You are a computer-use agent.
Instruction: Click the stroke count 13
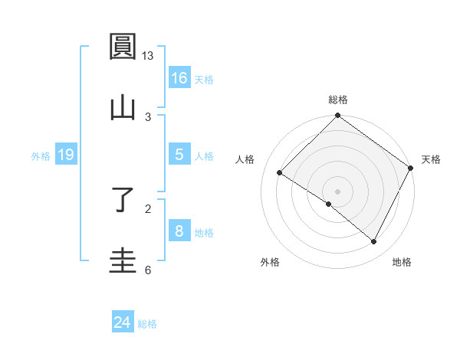click(x=148, y=56)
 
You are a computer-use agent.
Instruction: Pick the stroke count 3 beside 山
click(x=148, y=116)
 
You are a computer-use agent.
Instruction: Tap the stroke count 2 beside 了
click(x=148, y=208)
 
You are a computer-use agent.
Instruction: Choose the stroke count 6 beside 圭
click(x=148, y=270)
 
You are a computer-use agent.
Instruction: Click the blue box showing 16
click(x=179, y=77)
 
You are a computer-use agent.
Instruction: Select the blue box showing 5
click(x=179, y=155)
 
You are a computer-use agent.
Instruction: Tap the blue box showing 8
click(x=179, y=231)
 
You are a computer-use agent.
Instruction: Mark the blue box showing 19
click(x=66, y=155)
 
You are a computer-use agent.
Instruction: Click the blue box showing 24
click(x=123, y=322)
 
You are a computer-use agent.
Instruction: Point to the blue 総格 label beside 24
click(x=147, y=324)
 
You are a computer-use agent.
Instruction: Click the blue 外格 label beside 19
click(x=41, y=156)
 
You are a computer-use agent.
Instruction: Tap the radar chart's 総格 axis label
click(x=338, y=100)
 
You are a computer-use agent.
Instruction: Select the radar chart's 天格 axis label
click(x=431, y=159)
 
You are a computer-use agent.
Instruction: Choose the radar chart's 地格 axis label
click(x=402, y=262)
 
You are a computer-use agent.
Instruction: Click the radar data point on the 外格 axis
click(x=329, y=204)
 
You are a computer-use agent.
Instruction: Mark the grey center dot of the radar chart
click(x=338, y=191)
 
